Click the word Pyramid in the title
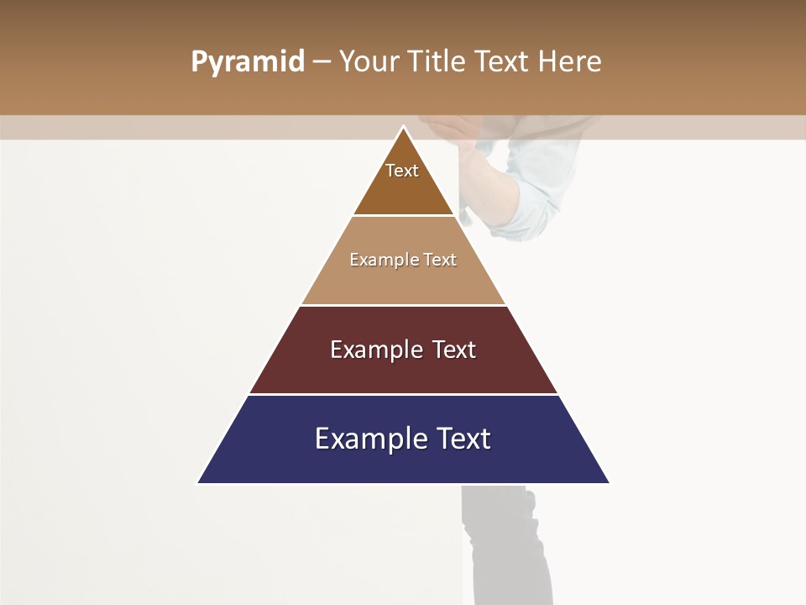248,62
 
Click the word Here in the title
570,62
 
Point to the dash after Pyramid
321,62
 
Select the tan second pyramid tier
403,281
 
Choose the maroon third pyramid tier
403,370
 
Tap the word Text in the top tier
402,171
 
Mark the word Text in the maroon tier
453,350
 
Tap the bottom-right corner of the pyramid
608,482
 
